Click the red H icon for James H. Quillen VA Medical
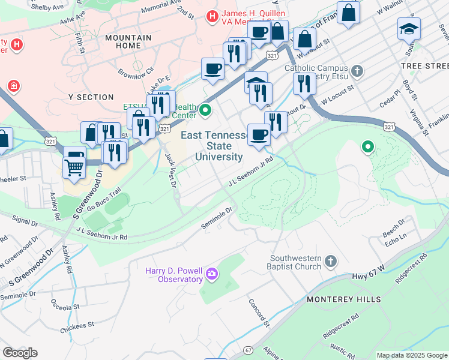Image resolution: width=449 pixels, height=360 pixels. pyautogui.click(x=211, y=17)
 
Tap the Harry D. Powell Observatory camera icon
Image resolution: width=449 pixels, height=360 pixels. pyautogui.click(x=211, y=275)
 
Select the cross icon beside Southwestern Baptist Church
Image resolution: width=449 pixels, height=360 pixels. pyautogui.click(x=330, y=261)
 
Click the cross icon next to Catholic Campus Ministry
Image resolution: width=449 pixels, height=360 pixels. pyautogui.click(x=357, y=72)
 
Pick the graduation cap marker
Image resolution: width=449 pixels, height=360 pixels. pyautogui.click(x=409, y=28)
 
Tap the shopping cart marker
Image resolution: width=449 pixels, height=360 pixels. pyautogui.click(x=74, y=163)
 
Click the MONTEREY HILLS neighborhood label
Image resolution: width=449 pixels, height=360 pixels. pyautogui.click(x=337, y=299)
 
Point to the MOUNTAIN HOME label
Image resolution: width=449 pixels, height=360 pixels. pyautogui.click(x=128, y=42)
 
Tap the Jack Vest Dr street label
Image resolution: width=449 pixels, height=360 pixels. pyautogui.click(x=170, y=170)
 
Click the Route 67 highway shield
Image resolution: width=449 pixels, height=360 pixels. pyautogui.click(x=249, y=349)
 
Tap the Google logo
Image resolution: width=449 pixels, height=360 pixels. pyautogui.click(x=20, y=353)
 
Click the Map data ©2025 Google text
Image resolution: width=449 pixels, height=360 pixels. pyautogui.click(x=411, y=355)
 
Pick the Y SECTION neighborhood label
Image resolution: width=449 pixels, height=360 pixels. pyautogui.click(x=91, y=97)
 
